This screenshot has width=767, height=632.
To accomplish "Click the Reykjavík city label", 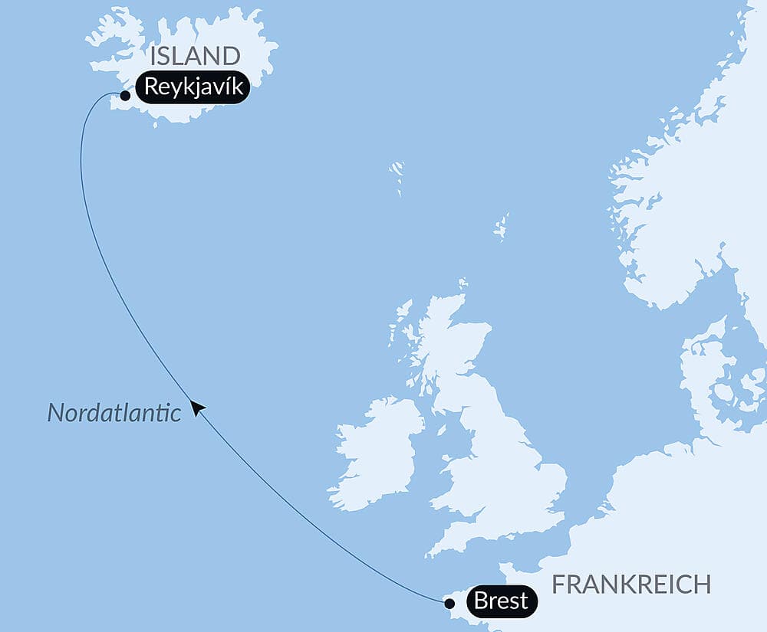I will coord(193,87).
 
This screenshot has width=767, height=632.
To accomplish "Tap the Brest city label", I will coord(501,601).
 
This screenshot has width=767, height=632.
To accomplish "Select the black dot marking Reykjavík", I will coord(124,97).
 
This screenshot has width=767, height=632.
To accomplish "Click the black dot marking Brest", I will coord(449,603).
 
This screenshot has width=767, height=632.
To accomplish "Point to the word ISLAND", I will coord(195,56).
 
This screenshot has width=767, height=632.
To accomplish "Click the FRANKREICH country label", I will coord(631,585).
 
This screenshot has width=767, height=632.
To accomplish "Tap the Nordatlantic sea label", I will coord(114,413).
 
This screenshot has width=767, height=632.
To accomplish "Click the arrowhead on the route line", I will coord(198,408).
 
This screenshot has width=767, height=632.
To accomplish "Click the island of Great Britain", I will coord(499,467).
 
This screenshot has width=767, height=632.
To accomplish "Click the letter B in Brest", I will coord(482,601).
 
